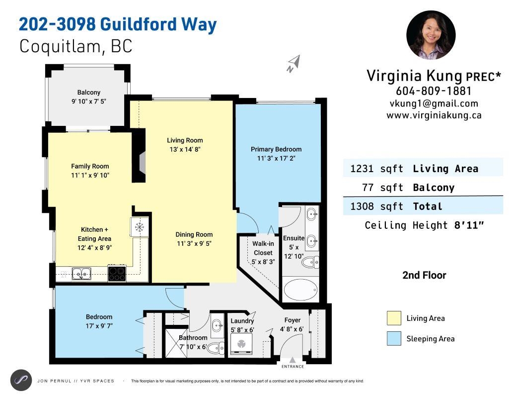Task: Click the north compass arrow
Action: click(294, 63)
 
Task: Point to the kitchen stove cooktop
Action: click(117, 273)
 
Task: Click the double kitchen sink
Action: click(81, 273)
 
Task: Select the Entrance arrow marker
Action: click(293, 360)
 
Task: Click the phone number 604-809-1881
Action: click(434, 91)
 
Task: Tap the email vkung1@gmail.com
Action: click(434, 103)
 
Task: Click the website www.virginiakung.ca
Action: click(434, 115)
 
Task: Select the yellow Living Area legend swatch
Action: click(394, 318)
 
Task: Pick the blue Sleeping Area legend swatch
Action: click(394, 339)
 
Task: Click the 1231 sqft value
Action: click(376, 169)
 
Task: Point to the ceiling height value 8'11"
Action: click(469, 225)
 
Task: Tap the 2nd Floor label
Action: click(424, 275)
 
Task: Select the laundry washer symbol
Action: click(241, 344)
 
